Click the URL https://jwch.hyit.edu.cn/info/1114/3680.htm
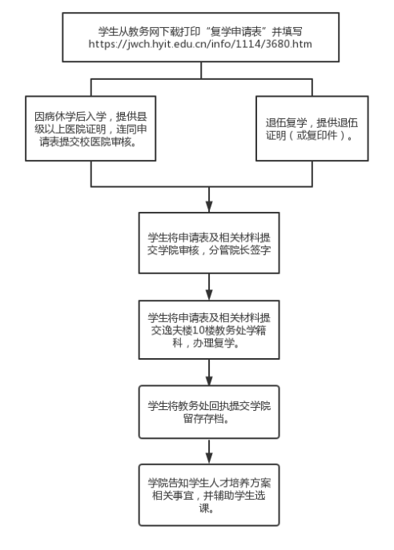(200, 44)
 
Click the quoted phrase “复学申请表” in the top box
(235, 32)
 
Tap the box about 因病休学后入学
(90, 129)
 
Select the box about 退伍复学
(312, 129)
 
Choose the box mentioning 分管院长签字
(209, 243)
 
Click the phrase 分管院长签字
(239, 250)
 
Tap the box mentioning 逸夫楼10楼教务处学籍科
(209, 329)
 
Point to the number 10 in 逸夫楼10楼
(199, 330)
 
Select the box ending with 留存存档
(209, 412)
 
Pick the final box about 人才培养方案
(209, 495)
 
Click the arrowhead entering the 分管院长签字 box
(209, 207)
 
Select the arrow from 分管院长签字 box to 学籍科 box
(209, 287)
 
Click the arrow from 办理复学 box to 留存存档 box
(209, 373)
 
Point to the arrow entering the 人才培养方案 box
(209, 452)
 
